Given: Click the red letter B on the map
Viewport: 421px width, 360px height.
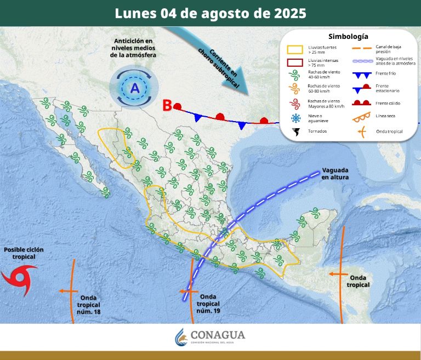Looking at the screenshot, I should pos(167,105).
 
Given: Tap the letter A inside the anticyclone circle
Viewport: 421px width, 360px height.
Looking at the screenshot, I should pos(134,87).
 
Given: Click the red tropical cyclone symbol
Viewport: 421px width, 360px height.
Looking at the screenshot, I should pos(19,277).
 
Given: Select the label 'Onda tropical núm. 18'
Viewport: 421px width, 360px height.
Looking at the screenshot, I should pos(89,305).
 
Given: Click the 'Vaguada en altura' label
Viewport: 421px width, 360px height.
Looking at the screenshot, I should pos(335,173).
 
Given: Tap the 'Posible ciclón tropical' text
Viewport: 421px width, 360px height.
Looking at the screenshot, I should pos(24,253).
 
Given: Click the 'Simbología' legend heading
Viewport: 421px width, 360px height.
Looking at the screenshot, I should pos(348,37).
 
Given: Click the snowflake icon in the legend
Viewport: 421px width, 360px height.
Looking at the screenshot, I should pos(296,118).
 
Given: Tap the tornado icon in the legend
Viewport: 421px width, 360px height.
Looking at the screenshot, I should pos(296,132).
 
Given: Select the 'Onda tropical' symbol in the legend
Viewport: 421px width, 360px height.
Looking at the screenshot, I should pos(360,132).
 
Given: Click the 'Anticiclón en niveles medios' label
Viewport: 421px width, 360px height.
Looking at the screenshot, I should pos(133,48).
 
